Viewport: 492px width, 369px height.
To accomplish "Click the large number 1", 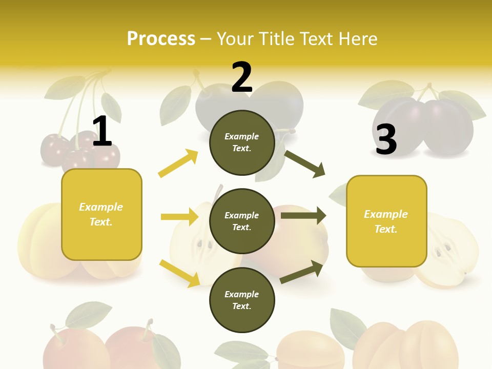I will click(102, 132).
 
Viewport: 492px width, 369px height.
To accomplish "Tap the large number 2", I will click(241, 77).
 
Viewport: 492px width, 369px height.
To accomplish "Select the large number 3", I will click(386, 139).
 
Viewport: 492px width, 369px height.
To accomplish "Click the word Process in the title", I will click(161, 38).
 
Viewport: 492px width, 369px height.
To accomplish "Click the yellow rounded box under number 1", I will click(101, 214).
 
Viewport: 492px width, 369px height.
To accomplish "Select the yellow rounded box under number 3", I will click(386, 221).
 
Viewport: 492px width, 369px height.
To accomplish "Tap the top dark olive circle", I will click(241, 142).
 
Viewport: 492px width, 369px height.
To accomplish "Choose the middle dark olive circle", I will click(241, 221).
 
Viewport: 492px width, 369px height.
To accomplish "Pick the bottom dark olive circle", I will click(241, 300).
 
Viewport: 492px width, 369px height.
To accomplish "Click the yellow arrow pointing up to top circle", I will click(178, 163).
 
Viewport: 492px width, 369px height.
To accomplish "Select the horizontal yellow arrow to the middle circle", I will click(179, 217).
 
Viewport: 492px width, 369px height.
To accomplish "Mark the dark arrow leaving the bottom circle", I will click(302, 272).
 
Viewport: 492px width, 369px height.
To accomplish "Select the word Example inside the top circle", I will click(241, 136).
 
